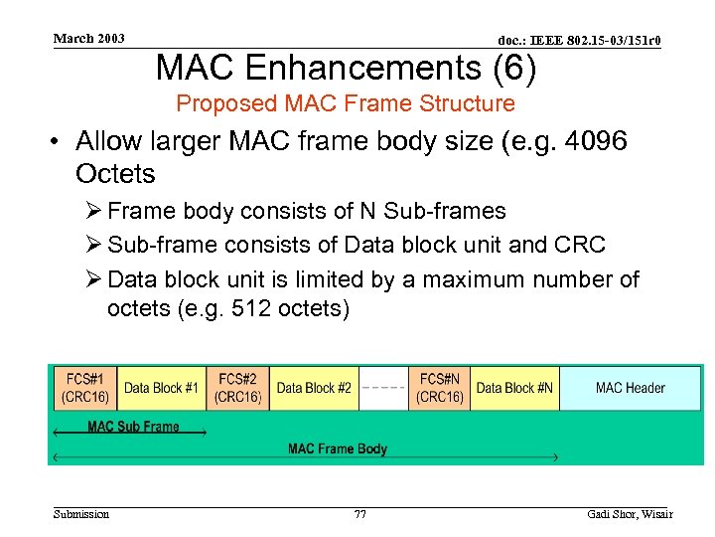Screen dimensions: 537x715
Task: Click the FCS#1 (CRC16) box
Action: point(85,388)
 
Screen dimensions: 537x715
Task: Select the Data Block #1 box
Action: point(162,388)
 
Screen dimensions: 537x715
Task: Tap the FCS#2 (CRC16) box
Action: point(238,388)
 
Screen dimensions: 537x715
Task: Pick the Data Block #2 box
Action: point(314,388)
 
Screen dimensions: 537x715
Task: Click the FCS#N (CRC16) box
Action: point(439,388)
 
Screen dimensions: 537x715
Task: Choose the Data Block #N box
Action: point(514,388)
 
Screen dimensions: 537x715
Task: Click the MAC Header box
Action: point(631,388)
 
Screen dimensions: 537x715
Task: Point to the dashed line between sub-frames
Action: point(382,387)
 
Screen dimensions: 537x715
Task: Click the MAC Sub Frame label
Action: point(133,427)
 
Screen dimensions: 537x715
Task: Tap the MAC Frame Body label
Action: point(338,448)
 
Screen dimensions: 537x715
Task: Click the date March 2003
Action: point(89,39)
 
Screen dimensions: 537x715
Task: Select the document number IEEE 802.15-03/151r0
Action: point(579,40)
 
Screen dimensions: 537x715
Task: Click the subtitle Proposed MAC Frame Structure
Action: point(346,103)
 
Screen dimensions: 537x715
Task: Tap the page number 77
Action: point(359,514)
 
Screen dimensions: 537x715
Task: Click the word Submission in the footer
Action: point(81,514)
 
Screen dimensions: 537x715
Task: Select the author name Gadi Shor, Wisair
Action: point(630,514)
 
